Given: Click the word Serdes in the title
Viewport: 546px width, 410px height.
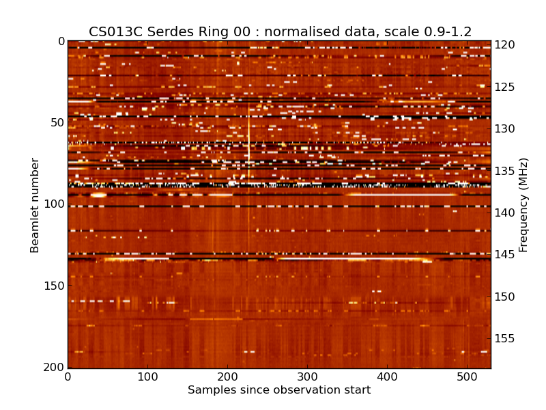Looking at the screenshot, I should [x=158, y=31].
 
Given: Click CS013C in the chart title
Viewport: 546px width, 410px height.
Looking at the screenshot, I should [x=113, y=31].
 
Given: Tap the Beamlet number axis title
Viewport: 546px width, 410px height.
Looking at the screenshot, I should [x=35, y=205].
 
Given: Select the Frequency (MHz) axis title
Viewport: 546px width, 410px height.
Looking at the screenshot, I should [x=523, y=205].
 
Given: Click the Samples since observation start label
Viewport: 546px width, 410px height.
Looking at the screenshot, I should [x=279, y=390].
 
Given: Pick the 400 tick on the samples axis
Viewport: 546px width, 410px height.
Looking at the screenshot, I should [x=387, y=377].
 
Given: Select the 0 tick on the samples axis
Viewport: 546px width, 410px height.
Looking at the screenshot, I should [x=68, y=377].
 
